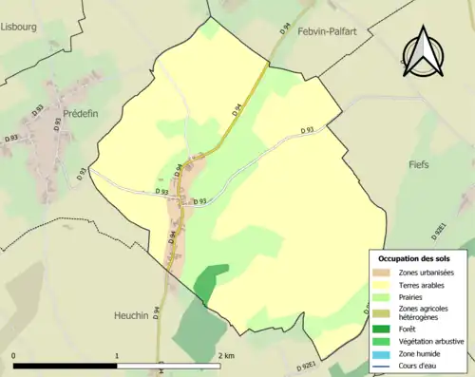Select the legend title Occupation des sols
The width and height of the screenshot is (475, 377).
(x=421, y=258)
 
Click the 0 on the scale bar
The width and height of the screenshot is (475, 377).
(x=14, y=355)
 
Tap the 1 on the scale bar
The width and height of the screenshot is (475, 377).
(x=117, y=355)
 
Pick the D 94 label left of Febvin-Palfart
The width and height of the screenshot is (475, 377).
(x=286, y=30)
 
